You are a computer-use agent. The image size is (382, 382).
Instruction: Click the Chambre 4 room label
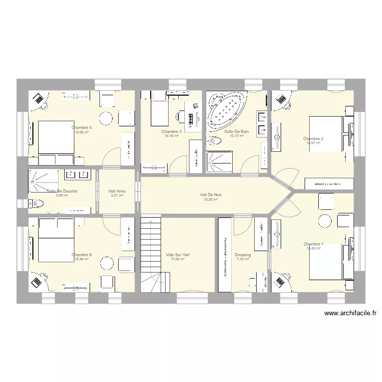81,127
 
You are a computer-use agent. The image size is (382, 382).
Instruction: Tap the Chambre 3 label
171,131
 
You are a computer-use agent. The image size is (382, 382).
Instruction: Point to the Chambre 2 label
313,139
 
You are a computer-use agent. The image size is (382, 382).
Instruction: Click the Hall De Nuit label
210,195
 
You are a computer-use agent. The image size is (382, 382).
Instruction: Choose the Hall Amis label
117,191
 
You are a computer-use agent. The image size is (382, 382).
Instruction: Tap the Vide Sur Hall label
177,255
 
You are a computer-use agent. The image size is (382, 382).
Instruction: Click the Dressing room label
242,255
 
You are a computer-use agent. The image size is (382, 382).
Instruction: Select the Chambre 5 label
81,255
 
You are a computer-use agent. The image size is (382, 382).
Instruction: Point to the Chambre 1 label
313,244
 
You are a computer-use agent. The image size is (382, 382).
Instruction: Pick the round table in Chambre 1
324,221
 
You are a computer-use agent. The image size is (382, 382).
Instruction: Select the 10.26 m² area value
210,200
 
